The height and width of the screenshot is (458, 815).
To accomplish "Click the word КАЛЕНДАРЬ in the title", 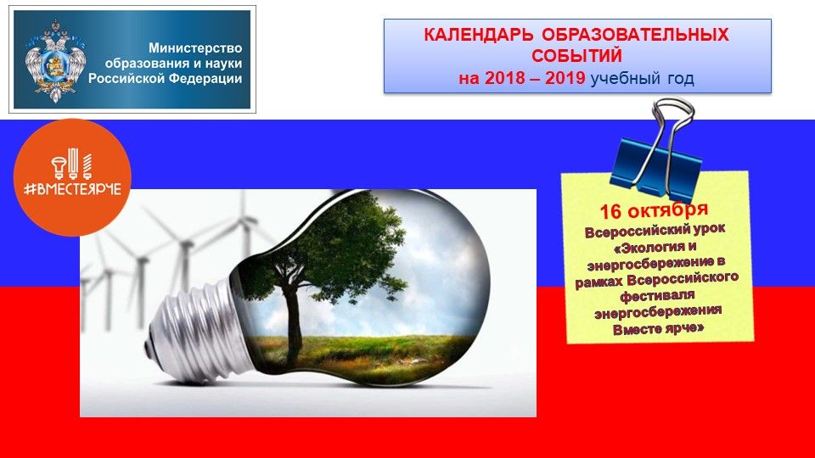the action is [478, 35].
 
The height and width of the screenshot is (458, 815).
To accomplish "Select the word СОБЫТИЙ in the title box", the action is [576, 56].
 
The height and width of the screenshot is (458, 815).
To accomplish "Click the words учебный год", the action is [643, 79].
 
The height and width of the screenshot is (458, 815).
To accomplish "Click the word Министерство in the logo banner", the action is [195, 47].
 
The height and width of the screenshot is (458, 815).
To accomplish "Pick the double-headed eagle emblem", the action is [55, 61].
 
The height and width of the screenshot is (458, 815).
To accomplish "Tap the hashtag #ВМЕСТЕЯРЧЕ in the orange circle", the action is [72, 189].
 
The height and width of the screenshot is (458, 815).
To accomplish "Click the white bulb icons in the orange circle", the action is [72, 164].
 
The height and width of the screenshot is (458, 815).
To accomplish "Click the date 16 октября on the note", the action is [654, 210].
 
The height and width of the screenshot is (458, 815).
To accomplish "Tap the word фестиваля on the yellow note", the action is [657, 296].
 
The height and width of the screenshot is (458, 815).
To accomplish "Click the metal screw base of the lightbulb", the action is [195, 332].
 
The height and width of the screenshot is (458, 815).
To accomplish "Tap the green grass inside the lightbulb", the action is [358, 355].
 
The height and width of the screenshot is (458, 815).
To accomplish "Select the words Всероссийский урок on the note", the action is [655, 230].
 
